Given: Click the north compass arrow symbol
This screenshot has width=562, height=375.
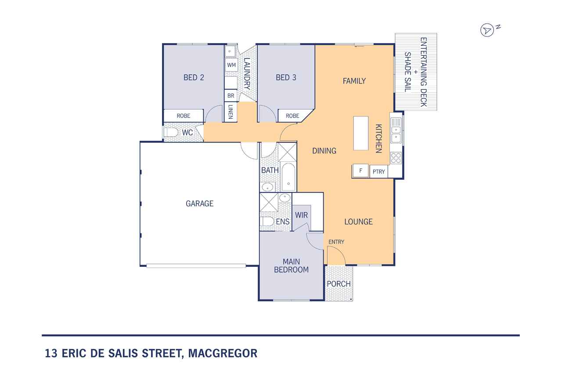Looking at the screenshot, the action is (x=487, y=30).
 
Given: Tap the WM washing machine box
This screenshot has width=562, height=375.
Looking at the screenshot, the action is (x=231, y=65).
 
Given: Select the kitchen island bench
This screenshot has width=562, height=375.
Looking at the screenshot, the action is (x=361, y=133).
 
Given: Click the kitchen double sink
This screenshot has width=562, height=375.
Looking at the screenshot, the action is (x=396, y=134).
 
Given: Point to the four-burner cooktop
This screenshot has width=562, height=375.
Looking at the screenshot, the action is (x=396, y=158).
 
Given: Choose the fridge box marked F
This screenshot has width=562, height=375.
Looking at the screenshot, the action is (x=360, y=171).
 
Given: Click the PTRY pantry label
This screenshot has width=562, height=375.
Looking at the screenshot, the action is (x=378, y=172).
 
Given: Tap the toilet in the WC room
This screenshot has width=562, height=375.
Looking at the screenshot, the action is (x=171, y=132).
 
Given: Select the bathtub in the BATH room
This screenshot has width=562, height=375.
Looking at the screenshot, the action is (x=288, y=177).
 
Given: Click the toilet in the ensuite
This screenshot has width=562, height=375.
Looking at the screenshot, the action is (x=267, y=222).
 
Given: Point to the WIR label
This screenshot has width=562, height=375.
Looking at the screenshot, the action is (x=301, y=215).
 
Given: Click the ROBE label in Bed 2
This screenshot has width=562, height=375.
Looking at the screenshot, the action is (x=184, y=116).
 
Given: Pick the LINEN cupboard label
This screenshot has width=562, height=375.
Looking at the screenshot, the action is (x=231, y=112).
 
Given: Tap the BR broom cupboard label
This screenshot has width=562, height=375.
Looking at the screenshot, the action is (x=231, y=96).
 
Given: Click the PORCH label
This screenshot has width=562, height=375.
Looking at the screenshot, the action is (x=339, y=284).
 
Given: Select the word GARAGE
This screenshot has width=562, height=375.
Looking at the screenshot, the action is (x=199, y=204).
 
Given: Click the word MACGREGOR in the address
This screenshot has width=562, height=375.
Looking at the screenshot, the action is (x=223, y=353).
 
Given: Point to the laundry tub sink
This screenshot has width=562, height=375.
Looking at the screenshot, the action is (x=230, y=51).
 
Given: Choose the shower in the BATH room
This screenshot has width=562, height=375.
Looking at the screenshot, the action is (x=287, y=153).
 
